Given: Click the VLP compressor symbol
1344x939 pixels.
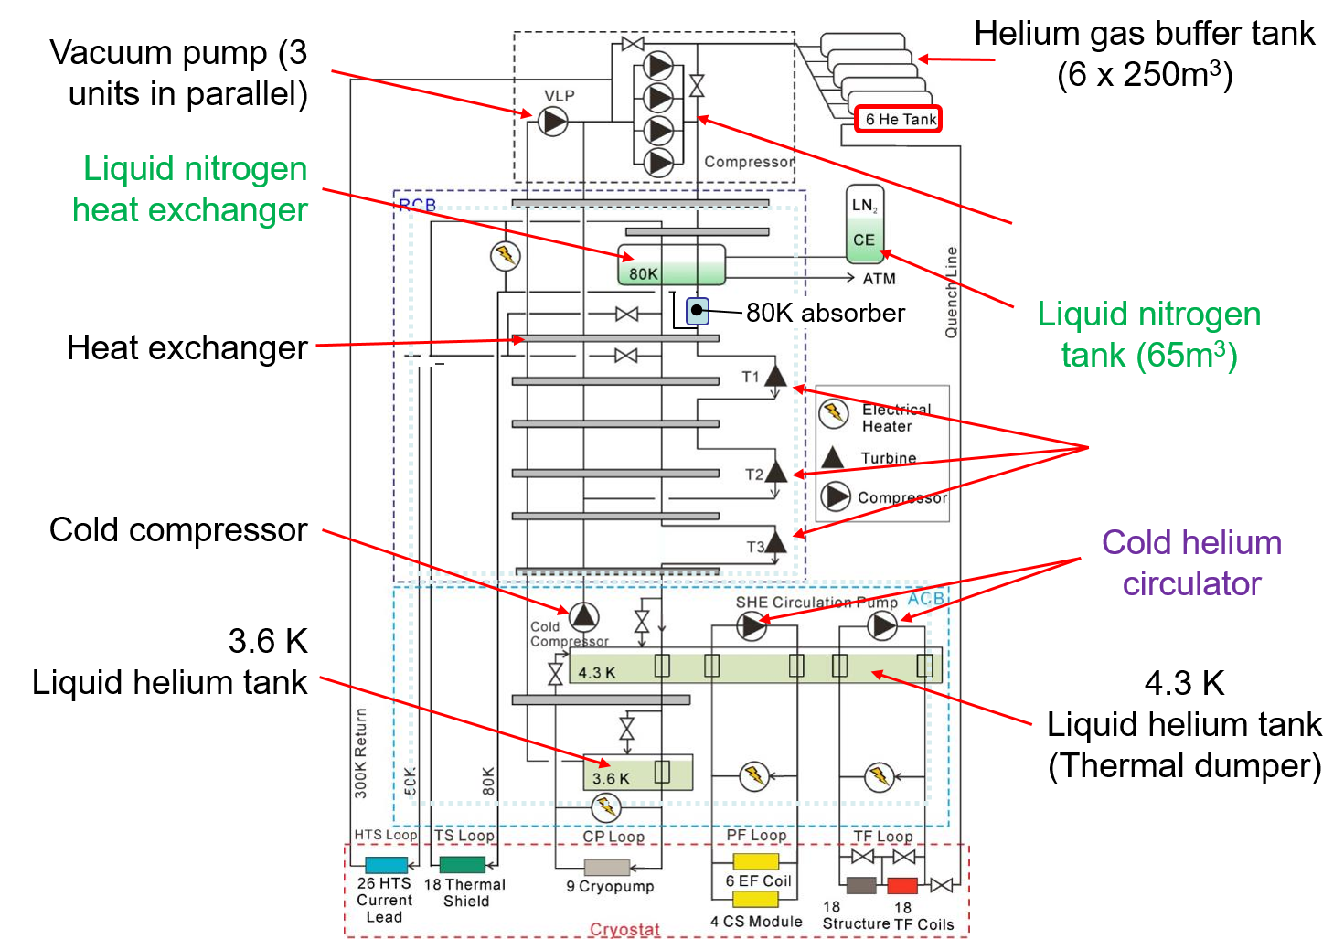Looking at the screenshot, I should click(x=553, y=121).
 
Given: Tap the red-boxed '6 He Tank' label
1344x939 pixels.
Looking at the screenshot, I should click(x=899, y=120).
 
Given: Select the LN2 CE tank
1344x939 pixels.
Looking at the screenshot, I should click(x=864, y=223).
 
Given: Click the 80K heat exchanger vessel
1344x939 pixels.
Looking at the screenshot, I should click(x=671, y=265).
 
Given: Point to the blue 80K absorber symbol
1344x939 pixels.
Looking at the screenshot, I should click(x=698, y=311).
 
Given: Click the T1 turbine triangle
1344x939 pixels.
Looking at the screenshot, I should click(x=775, y=376).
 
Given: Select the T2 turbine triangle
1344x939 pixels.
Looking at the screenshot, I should click(x=776, y=472).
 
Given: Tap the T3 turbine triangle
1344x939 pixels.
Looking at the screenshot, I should click(x=775, y=542).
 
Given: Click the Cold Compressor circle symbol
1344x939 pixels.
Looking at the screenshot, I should click(x=583, y=617).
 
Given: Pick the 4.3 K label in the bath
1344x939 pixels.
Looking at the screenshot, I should click(x=597, y=673).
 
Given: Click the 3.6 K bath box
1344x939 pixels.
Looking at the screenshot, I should click(x=637, y=774).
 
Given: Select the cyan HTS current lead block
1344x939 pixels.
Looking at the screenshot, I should click(x=386, y=865).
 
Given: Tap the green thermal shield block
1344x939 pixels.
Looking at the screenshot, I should click(x=462, y=865).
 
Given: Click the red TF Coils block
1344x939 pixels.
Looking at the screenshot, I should click(x=902, y=885).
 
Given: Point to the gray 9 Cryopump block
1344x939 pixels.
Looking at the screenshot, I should click(x=607, y=867).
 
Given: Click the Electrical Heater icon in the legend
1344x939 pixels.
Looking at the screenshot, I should click(x=833, y=413).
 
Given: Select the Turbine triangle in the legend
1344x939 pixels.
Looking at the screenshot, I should click(x=832, y=457).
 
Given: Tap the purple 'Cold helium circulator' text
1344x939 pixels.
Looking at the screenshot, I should click(x=1191, y=562).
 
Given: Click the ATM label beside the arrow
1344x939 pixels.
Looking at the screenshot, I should click(x=879, y=279).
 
